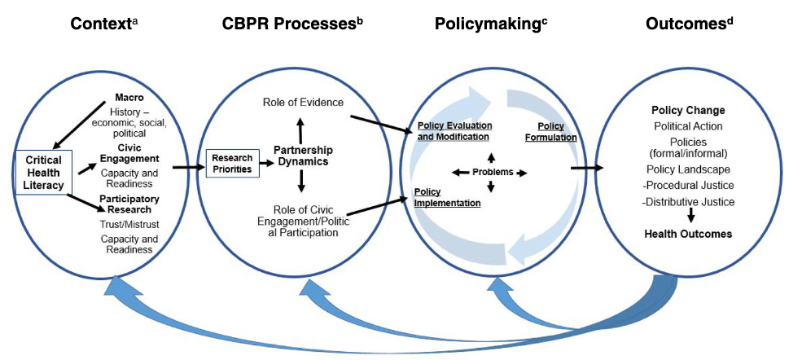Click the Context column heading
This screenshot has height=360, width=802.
[x=104, y=23]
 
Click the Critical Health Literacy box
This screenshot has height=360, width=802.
[x=43, y=173]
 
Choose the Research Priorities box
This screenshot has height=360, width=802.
[x=231, y=162]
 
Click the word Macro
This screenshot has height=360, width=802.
[x=129, y=97]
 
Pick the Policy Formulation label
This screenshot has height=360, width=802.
[x=552, y=132]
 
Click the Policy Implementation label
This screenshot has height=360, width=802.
[x=448, y=197]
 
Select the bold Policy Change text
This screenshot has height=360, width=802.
[x=688, y=110]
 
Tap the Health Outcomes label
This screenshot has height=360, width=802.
[x=688, y=234]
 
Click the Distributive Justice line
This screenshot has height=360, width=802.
[x=688, y=201]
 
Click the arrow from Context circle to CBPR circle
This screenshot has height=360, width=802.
[x=188, y=169]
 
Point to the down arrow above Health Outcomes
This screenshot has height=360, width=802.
[x=689, y=217]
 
